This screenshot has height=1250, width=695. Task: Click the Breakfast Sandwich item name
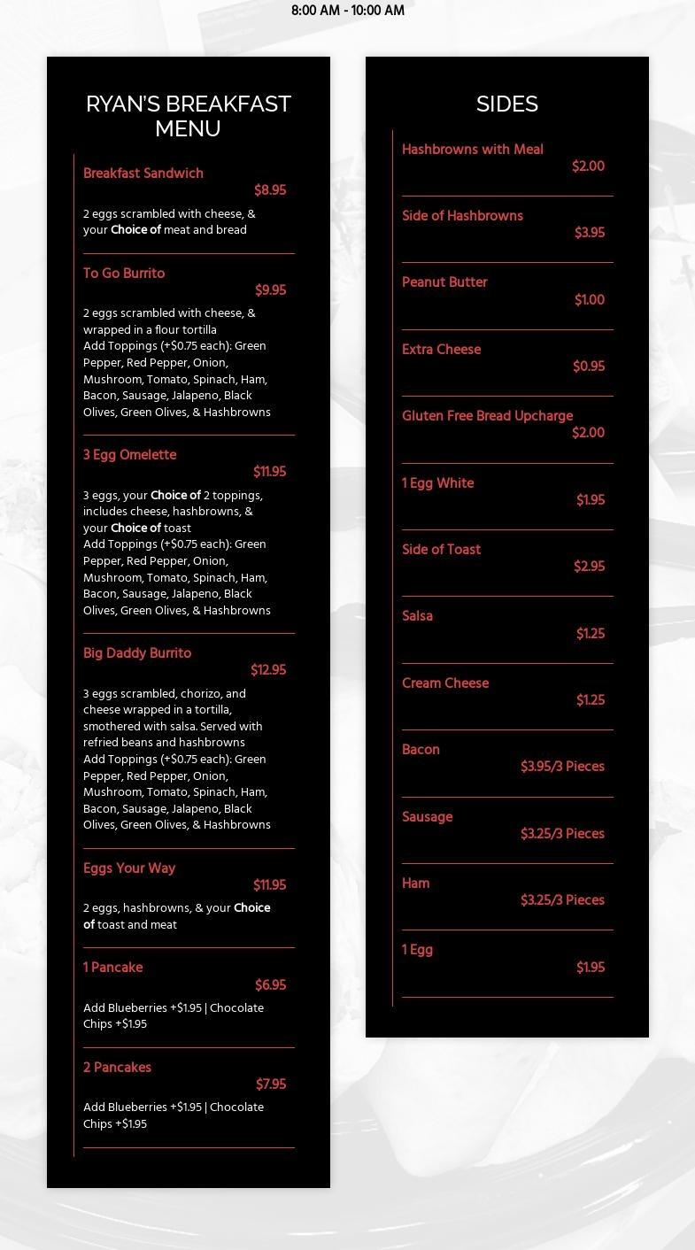point(143,174)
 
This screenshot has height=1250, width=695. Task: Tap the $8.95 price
point(270,190)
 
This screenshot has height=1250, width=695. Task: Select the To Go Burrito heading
point(124,274)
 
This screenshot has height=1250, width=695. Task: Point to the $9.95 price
point(270,290)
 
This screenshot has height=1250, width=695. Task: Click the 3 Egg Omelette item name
point(129,455)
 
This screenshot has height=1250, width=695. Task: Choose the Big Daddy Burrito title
point(137,653)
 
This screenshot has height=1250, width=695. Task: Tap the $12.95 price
point(268,670)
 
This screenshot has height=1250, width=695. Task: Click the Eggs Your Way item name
point(129,868)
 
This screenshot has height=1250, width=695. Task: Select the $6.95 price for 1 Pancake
point(270,985)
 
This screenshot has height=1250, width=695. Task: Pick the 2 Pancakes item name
point(117,1068)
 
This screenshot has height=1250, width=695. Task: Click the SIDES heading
point(507,104)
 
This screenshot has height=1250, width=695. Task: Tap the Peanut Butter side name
point(444,282)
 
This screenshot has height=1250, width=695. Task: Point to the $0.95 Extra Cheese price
point(589,367)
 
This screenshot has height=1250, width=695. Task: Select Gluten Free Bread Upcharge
point(487,416)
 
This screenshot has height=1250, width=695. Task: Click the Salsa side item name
point(417,616)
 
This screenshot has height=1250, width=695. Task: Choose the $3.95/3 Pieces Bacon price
point(562,767)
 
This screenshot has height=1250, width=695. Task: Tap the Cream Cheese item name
point(445,683)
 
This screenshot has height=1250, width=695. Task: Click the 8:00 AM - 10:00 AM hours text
point(348,11)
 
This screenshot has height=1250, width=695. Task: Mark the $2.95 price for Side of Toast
point(589,567)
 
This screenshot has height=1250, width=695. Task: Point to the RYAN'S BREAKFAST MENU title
point(189,116)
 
